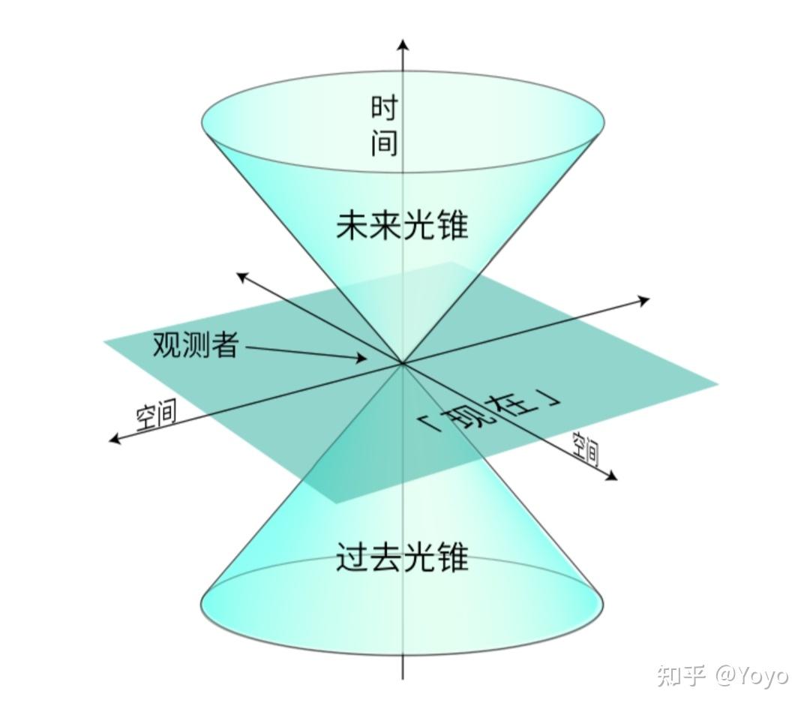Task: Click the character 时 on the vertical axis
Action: tap(383, 108)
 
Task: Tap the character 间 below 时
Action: tap(383, 143)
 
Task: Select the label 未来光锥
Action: tap(402, 224)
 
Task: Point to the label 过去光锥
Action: tap(402, 557)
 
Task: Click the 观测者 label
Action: tap(196, 344)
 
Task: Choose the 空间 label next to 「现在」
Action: tap(586, 449)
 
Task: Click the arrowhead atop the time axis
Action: tap(403, 44)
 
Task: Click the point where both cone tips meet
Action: tap(403, 363)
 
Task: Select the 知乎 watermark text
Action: tap(682, 674)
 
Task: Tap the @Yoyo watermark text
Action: tap(751, 674)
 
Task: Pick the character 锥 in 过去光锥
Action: tap(452, 557)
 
